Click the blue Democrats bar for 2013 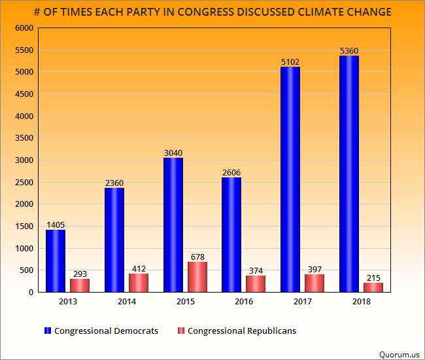56,261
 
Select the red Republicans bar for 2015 197,277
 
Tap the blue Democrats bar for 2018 349,173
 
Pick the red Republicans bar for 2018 373,287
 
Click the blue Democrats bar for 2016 231,234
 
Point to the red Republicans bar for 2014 138,283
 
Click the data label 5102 290,62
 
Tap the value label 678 197,257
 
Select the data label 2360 114,183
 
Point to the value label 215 373,278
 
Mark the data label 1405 56,225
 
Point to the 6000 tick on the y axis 24,28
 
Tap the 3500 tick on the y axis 24,138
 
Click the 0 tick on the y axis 30,293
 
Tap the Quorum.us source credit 399,354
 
